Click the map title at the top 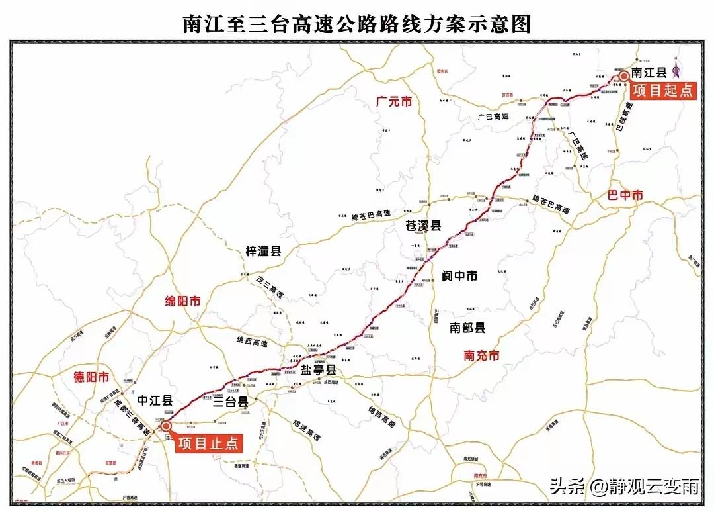[x=357, y=24]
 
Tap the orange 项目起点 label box [x=662, y=90]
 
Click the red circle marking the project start [x=623, y=77]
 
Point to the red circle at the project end [x=165, y=426]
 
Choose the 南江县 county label [x=649, y=73]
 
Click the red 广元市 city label [x=393, y=102]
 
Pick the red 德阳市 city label [x=91, y=377]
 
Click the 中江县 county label [x=155, y=400]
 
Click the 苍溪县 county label [x=423, y=226]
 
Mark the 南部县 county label [x=467, y=327]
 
